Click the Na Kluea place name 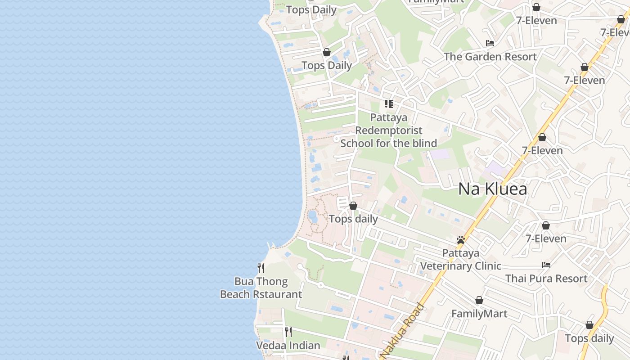[492, 189]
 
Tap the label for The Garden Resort [490, 57]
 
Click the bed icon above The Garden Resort [490, 43]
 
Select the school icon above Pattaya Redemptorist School [389, 104]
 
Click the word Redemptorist [389, 130]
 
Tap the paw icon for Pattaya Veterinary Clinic [460, 240]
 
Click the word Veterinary [461, 266]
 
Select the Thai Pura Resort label [546, 279]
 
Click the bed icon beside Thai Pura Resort [546, 265]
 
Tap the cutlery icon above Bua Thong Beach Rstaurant [261, 268]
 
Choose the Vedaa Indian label [288, 346]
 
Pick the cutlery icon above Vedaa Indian [288, 332]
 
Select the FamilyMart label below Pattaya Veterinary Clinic [479, 314]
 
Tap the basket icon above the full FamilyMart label [479, 300]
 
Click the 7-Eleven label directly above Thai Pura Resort [546, 238]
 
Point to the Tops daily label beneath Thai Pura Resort [589, 338]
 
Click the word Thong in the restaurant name [272, 282]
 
